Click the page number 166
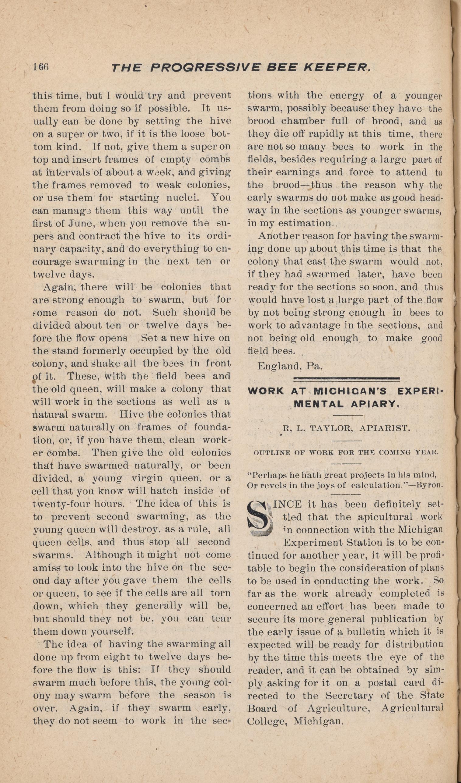click(x=41, y=67)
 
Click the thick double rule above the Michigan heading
click(x=346, y=378)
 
